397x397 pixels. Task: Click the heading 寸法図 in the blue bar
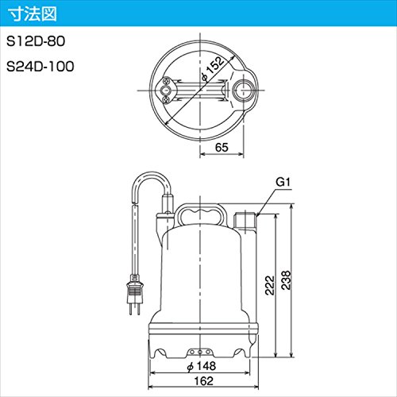point(33,14)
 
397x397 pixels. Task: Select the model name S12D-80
point(36,41)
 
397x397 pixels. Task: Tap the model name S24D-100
point(40,66)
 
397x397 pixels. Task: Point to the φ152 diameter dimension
point(213,69)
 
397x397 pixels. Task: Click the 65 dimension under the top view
point(222,147)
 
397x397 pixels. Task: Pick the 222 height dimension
point(270,285)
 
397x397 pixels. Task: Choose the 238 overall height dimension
point(286,280)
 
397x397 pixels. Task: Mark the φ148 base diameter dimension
point(202,366)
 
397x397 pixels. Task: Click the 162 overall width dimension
point(203,381)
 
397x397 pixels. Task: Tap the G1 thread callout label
point(283,182)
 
